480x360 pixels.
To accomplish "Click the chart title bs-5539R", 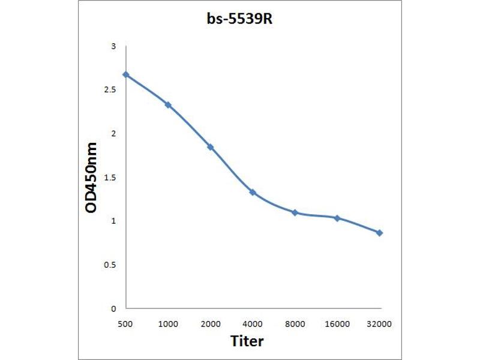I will coord(239,19).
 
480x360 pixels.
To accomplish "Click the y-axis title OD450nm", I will coord(92,178).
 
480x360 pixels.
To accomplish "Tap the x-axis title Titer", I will coord(247,341).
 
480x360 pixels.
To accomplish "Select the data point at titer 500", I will coord(126,74).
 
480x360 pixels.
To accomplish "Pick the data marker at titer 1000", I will coord(168,105).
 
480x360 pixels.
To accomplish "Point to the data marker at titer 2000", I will coord(211,147).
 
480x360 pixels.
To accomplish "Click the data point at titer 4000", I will coord(253,193).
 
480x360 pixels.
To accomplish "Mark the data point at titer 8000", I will coord(295,212).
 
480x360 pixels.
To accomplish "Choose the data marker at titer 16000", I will coord(337,218).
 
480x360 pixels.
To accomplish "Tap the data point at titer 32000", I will coord(379,233).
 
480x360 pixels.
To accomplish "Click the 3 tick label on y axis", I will coord(113,46).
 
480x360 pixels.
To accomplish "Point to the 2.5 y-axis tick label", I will coord(110,90).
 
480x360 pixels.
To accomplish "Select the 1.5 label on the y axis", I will coord(110,178).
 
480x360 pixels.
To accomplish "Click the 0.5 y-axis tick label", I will coord(110,265).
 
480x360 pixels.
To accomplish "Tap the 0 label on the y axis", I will coord(113,308).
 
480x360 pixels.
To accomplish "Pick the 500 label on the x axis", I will coord(126,324).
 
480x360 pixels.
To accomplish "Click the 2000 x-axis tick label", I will coord(211,324).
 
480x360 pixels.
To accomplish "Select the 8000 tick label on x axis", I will coord(295,324).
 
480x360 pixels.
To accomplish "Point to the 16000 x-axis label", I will coord(337,324).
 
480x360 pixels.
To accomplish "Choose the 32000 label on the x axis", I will coord(379,324).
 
